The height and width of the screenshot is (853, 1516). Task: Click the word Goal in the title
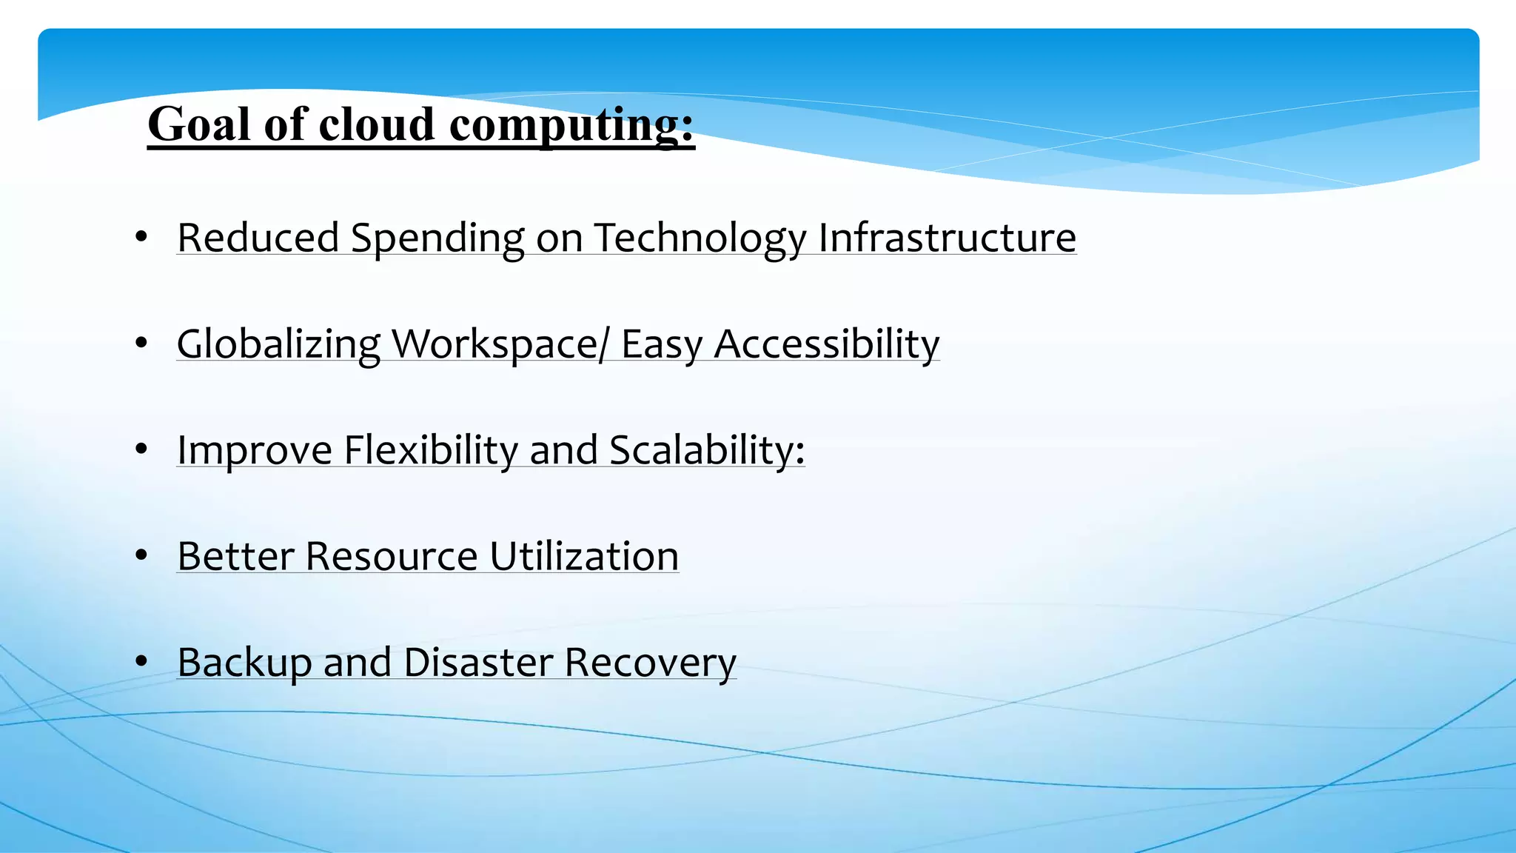click(x=198, y=124)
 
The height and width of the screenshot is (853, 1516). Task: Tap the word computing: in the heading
click(x=571, y=124)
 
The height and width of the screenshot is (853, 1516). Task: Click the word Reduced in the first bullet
click(x=258, y=238)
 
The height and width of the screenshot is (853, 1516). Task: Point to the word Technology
click(x=700, y=238)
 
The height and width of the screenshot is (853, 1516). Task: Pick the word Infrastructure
click(x=947, y=238)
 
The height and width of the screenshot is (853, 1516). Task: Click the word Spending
click(x=437, y=238)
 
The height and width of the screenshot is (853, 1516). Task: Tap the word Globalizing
click(x=278, y=344)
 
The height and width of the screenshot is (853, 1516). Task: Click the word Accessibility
click(x=826, y=344)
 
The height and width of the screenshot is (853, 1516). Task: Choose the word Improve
click(x=255, y=450)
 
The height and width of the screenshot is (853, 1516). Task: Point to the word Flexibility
click(x=431, y=450)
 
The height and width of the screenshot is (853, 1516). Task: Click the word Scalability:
click(x=707, y=450)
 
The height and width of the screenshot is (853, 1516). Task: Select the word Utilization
click(x=584, y=556)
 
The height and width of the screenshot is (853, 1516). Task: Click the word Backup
click(x=244, y=662)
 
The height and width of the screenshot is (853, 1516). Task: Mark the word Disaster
click(x=478, y=662)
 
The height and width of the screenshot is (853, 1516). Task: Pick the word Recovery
click(x=651, y=662)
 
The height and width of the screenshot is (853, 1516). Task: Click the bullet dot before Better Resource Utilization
click(x=141, y=555)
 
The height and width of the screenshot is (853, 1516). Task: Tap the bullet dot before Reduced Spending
click(x=141, y=237)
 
